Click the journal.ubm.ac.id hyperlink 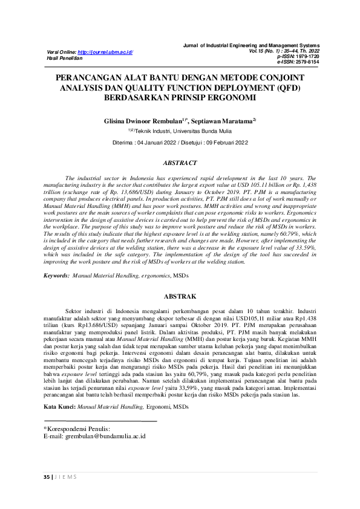pos(106,53)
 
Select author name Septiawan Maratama pos(222,120)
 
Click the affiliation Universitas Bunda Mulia pos(206,130)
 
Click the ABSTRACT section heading pos(180,163)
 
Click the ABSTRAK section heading pos(180,296)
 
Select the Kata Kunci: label pos(59,406)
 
